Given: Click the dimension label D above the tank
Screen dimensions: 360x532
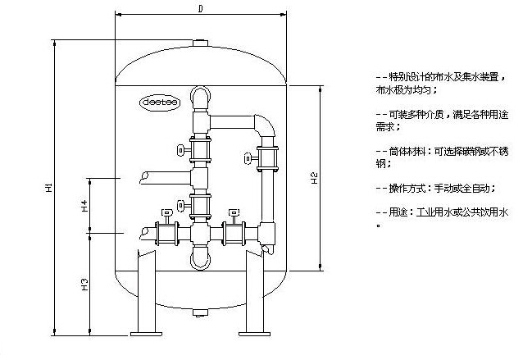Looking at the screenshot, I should point(201,8).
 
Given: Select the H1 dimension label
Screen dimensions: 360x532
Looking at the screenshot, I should point(49,189).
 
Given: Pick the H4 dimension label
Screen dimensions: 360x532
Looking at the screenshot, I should point(84,205).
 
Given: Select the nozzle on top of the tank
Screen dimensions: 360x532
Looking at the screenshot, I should point(200,42).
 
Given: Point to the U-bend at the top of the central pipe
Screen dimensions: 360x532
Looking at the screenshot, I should point(200,95).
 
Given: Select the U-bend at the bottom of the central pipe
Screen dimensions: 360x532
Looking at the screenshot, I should point(200,260).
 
